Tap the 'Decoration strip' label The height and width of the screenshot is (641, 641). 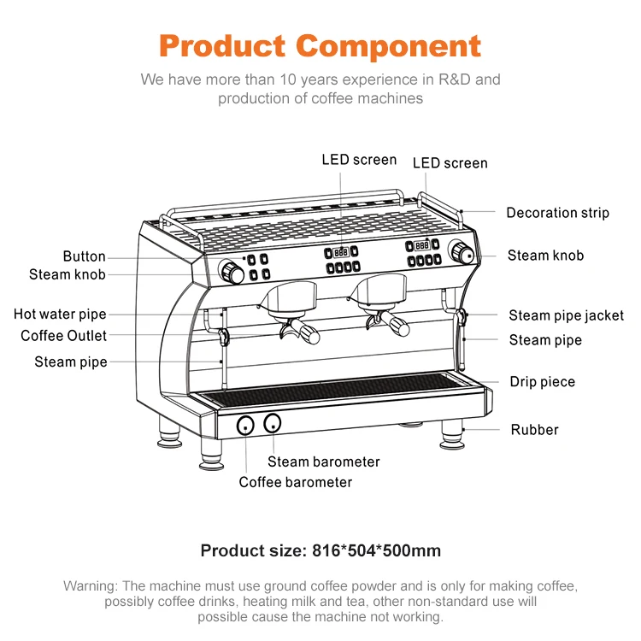pos(557,213)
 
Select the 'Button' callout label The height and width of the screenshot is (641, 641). pos(84,256)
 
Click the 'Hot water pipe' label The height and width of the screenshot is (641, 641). pos(60,315)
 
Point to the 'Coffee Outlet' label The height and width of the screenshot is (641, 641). pos(64,336)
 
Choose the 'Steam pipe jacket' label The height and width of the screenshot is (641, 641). pos(566,316)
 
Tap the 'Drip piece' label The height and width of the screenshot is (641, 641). pos(542,382)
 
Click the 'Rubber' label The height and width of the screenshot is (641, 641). pos(534,430)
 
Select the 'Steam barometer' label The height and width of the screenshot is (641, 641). pos(323,462)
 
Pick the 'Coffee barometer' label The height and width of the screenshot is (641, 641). pos(295,482)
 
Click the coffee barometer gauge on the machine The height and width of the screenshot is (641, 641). pos(244,424)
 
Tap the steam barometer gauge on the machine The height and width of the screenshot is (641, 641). pos(273,422)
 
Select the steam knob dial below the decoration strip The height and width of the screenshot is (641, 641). pos(462,253)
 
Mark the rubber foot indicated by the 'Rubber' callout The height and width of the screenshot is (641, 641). pos(450,436)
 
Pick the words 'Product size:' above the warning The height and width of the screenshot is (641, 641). pos(250,550)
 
